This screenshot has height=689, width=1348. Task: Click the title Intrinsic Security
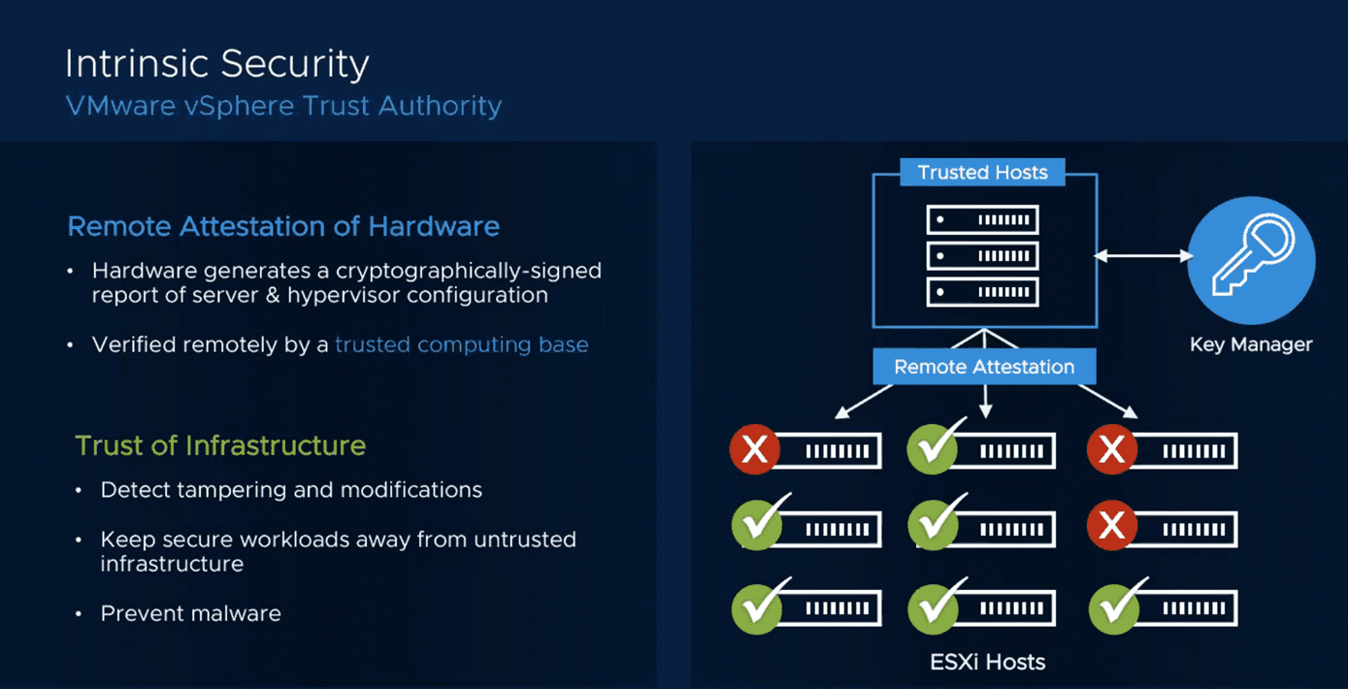pos(216,64)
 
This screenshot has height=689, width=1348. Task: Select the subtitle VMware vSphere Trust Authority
pos(283,105)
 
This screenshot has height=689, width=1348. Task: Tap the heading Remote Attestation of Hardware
pos(283,227)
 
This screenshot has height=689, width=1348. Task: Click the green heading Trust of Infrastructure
pos(220,445)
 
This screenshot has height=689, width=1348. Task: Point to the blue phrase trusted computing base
pos(461,344)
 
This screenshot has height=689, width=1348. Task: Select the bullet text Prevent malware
pos(190,613)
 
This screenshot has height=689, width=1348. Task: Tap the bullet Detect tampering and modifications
pos(291,490)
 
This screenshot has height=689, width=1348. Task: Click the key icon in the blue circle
pos(1251,259)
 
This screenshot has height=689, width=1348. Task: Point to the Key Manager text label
pos(1251,344)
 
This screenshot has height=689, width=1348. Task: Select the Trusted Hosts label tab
pos(982,173)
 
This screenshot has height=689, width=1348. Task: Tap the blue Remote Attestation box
pos(984,367)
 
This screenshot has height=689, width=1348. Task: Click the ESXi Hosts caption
pos(987,663)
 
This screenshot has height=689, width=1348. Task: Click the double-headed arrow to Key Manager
pos(1143,256)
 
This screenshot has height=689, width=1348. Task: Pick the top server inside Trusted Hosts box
pos(982,220)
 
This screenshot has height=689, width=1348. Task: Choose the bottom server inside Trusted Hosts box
pos(982,292)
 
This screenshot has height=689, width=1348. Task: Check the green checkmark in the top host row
pos(933,448)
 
